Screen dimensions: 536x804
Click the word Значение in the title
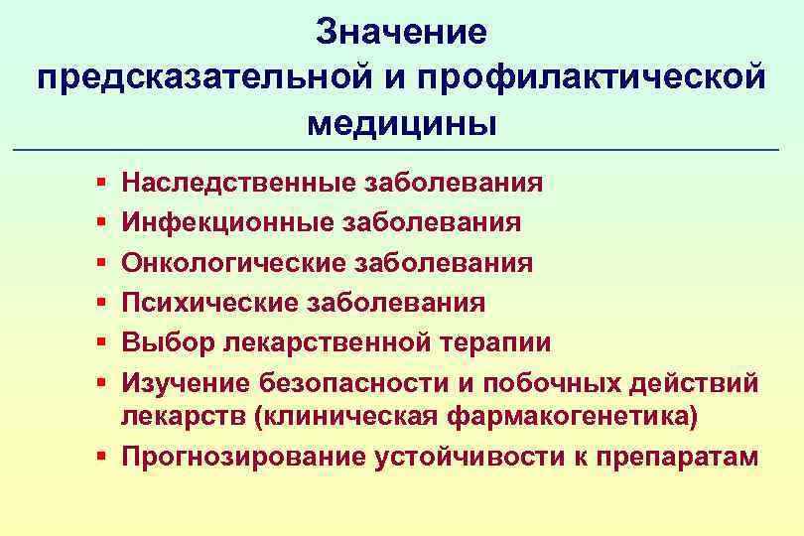click(402, 33)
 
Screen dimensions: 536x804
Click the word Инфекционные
click(227, 223)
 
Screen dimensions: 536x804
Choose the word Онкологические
click(233, 263)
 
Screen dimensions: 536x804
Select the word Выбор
click(157, 343)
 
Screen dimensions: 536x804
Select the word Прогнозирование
click(241, 457)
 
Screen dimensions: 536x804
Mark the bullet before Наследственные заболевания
click(103, 185)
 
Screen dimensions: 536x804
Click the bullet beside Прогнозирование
click(103, 458)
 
